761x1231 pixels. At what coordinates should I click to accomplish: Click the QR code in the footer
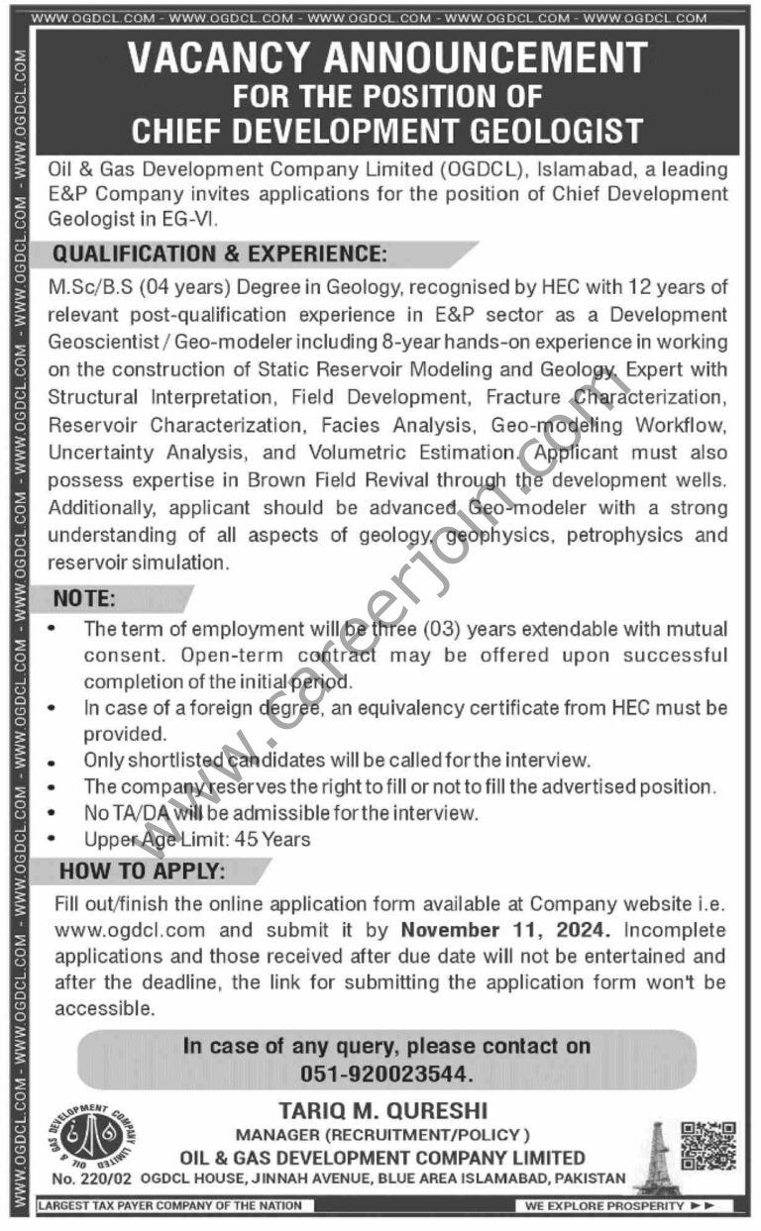pos(707,1147)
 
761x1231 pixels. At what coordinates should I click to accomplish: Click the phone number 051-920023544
pos(386,1074)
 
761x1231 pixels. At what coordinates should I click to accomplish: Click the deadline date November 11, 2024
pos(506,931)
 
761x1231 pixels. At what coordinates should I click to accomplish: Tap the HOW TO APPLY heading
pos(142,872)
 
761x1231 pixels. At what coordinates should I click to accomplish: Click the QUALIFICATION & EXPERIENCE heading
pos(218,254)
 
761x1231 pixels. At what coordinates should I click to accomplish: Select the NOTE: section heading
pos(84,599)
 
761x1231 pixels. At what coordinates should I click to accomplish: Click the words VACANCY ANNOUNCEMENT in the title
pos(386,60)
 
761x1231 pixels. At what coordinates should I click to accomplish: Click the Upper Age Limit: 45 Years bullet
pos(197,840)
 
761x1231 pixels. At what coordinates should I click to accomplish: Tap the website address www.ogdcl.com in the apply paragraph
pos(131,931)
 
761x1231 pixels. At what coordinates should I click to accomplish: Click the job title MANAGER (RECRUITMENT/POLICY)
pos(382,1134)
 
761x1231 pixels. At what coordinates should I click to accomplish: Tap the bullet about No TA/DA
pos(281,814)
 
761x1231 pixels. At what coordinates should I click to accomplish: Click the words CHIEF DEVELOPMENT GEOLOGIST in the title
pos(386,130)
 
